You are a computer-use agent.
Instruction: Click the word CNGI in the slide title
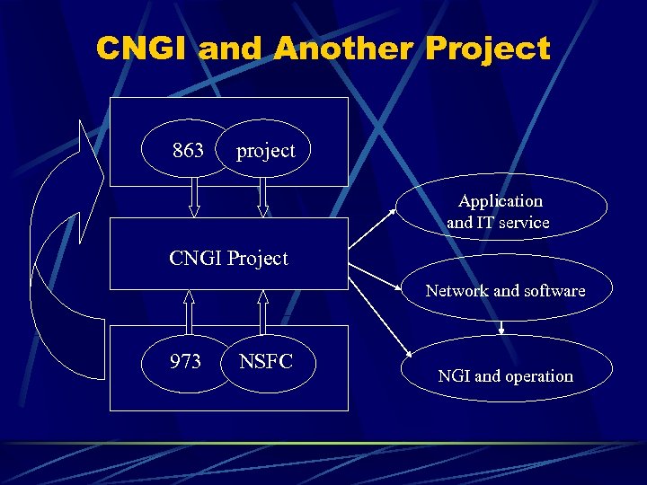[x=144, y=48]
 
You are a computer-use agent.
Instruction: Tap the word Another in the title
[x=345, y=48]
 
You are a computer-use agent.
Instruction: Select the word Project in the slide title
[x=488, y=48]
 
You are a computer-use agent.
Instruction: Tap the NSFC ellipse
[x=266, y=361]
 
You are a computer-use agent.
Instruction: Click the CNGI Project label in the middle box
[x=228, y=259]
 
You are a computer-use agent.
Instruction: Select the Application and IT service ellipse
[x=501, y=211]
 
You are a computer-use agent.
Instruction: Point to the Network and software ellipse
[x=505, y=290]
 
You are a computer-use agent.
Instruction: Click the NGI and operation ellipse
[x=505, y=375]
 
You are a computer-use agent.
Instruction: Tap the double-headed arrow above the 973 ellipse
[x=190, y=311]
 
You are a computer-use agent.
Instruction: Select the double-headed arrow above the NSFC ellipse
[x=262, y=311]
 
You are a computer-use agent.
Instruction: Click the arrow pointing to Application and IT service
[x=374, y=228]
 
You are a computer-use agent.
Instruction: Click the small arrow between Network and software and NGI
[x=501, y=327]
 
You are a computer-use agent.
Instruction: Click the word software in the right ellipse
[x=554, y=290]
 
